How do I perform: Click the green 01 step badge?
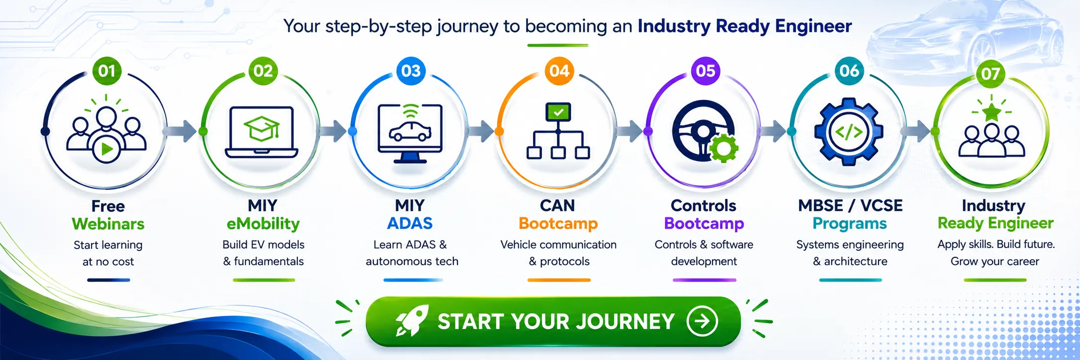click(107, 71)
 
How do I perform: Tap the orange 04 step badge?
click(559, 71)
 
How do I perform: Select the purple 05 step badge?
click(706, 71)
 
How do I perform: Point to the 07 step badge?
click(990, 74)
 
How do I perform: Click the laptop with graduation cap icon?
click(262, 132)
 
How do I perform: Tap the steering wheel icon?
click(703, 131)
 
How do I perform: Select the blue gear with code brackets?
click(849, 132)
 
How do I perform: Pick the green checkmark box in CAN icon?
click(558, 112)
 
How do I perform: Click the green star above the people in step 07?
click(991, 112)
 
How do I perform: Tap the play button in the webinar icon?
click(106, 149)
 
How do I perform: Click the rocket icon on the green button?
click(411, 321)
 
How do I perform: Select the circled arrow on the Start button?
click(702, 321)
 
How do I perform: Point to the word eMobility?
click(263, 224)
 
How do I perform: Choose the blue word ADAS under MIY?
click(410, 223)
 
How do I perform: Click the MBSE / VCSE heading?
click(850, 205)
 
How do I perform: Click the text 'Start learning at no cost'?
click(108, 253)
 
